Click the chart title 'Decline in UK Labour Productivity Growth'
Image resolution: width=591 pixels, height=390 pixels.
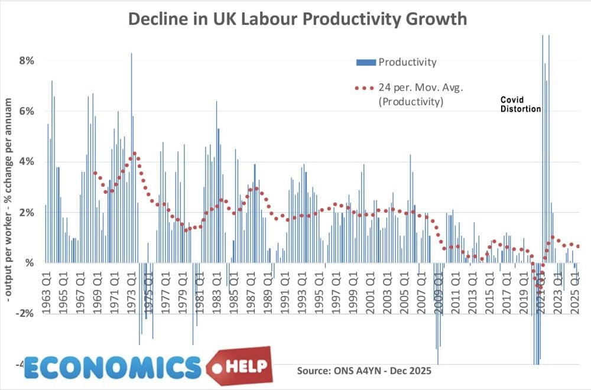[x=298, y=19]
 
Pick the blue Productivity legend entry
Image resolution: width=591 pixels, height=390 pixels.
[x=396, y=62]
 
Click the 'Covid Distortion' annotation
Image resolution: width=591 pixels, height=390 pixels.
[x=520, y=104]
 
